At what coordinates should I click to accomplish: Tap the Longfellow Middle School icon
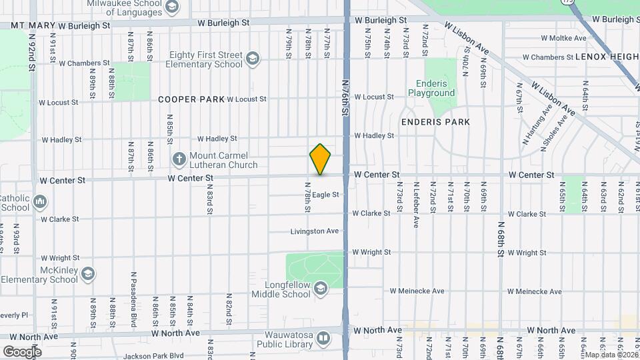(321, 288)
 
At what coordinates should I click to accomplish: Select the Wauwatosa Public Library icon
(323, 338)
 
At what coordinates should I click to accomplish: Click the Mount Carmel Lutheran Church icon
(179, 159)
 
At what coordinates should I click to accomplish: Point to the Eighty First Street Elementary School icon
(253, 59)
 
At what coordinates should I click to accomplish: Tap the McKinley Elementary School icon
(88, 274)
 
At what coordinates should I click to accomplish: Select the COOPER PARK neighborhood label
(191, 99)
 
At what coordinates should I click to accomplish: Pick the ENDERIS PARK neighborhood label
(435, 122)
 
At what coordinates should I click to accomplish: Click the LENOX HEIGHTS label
(607, 57)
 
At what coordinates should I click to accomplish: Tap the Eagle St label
(326, 195)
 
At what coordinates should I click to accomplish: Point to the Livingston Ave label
(315, 231)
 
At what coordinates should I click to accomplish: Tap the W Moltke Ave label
(563, 38)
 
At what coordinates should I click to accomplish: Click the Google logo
(22, 351)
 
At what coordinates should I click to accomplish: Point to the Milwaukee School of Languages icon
(172, 7)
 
